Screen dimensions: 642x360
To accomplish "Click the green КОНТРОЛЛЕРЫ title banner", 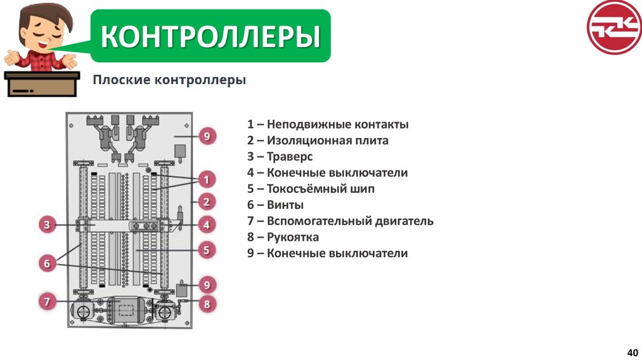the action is point(211,36).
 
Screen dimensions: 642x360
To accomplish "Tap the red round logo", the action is point(613,27).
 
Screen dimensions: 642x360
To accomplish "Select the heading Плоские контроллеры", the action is point(169,81).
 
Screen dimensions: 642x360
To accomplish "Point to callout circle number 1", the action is point(206,181).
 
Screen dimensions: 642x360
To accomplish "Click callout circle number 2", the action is point(206,202).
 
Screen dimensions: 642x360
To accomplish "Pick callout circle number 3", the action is point(48,224).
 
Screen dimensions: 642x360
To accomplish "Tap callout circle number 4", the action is point(206,224).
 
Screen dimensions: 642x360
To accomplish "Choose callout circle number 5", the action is point(206,250).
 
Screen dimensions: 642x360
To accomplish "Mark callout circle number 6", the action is point(48,264).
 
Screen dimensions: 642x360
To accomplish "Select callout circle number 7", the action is point(48,302).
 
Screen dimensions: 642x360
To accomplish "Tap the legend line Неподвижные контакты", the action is point(327,124).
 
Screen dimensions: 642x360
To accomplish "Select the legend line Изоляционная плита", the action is point(317,140).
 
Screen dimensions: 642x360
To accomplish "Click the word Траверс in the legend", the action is point(289,157).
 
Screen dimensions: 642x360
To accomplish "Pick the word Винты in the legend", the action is point(285,205).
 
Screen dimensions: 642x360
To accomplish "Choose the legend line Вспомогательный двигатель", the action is point(340,221).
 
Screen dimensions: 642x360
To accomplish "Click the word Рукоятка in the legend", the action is point(293,237).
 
